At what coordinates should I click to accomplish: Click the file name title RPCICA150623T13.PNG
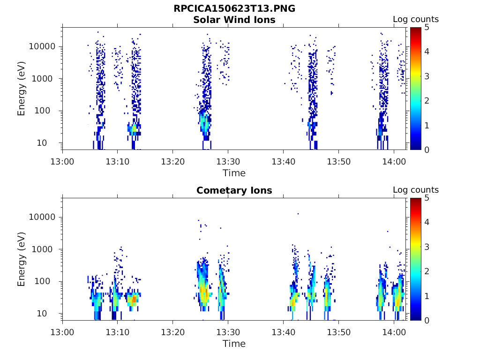coord(234,9)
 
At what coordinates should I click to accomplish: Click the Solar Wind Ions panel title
coord(234,20)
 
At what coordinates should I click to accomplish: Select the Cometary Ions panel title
coord(234,191)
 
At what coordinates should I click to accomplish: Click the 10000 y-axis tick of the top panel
coord(43,47)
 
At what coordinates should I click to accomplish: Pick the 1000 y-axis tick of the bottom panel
coord(45,249)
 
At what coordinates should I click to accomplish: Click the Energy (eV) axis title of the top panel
coord(22,89)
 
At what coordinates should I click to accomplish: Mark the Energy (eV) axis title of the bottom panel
coord(22,260)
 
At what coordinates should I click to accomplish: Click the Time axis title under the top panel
coord(234,173)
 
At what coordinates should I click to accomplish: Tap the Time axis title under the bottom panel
coord(234,344)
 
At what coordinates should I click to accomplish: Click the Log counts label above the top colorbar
coord(415,20)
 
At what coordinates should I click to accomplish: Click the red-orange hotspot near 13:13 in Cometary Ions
coord(134,298)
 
